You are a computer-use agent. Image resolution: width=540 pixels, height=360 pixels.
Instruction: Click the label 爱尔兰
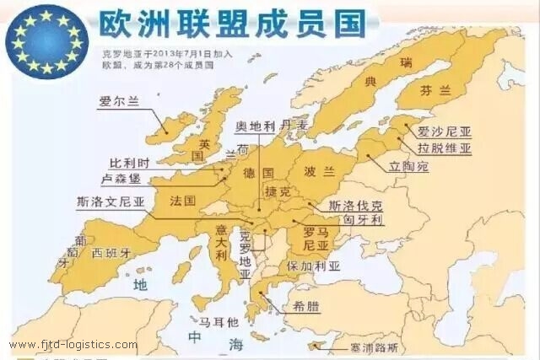[x=118, y=102]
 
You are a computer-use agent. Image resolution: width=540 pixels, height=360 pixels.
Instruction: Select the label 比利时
[x=134, y=163]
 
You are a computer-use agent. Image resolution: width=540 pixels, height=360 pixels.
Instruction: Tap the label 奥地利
[x=256, y=126]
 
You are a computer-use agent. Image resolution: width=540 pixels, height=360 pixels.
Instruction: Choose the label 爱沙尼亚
[x=444, y=132]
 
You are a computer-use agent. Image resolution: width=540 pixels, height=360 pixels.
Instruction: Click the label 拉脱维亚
[x=444, y=148]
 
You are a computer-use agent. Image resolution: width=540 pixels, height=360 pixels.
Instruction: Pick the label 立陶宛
[x=408, y=167]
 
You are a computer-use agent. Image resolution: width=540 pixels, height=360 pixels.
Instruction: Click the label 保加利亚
[x=313, y=266]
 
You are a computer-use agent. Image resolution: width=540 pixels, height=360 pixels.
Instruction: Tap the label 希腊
[x=305, y=306]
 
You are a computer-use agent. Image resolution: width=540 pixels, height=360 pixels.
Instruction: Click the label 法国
[x=182, y=201]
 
